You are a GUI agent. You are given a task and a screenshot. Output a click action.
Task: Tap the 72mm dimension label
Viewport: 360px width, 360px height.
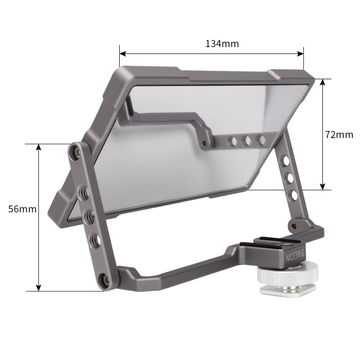coord(339,134)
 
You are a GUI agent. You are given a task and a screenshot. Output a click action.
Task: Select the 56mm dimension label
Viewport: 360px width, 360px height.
coord(22,209)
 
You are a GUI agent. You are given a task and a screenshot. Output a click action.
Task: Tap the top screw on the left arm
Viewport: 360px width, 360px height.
coord(75,150)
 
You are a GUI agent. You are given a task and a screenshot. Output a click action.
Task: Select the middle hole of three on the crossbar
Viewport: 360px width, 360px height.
coord(246,140)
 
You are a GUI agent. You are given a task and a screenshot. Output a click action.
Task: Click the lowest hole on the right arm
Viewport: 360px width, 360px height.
coord(292,196)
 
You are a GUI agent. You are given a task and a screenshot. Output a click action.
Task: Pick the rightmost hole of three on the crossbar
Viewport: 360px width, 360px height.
coord(260,138)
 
